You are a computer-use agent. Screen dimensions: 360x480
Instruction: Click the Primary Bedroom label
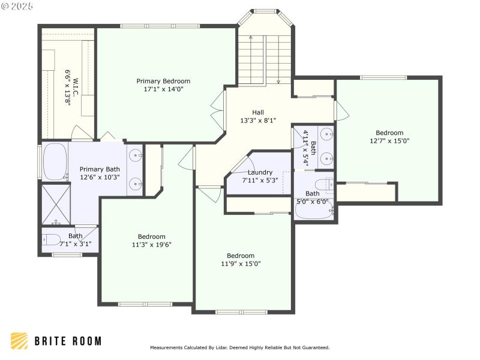[x=163, y=81]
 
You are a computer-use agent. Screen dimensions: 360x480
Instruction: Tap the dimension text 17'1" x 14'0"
[x=163, y=89]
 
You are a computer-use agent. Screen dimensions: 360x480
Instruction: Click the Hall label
[x=257, y=112]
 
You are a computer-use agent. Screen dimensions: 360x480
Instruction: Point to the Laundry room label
[x=260, y=172]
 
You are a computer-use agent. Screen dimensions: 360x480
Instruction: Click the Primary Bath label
[x=100, y=169]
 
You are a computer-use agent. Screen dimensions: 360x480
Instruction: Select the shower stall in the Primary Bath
[x=55, y=203]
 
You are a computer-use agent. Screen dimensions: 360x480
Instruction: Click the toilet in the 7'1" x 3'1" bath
[x=50, y=241]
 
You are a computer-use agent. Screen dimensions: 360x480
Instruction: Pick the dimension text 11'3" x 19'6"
[x=152, y=245]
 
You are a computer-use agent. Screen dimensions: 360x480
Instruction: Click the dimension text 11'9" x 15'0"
[x=241, y=263]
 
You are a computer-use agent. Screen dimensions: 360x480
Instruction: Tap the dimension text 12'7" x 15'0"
[x=389, y=141]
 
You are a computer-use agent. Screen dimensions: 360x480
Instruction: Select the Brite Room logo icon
[x=19, y=341]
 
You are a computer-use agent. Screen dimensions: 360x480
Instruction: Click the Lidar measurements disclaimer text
[x=239, y=347]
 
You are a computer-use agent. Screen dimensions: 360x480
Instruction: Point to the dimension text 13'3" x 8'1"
[x=257, y=120]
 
